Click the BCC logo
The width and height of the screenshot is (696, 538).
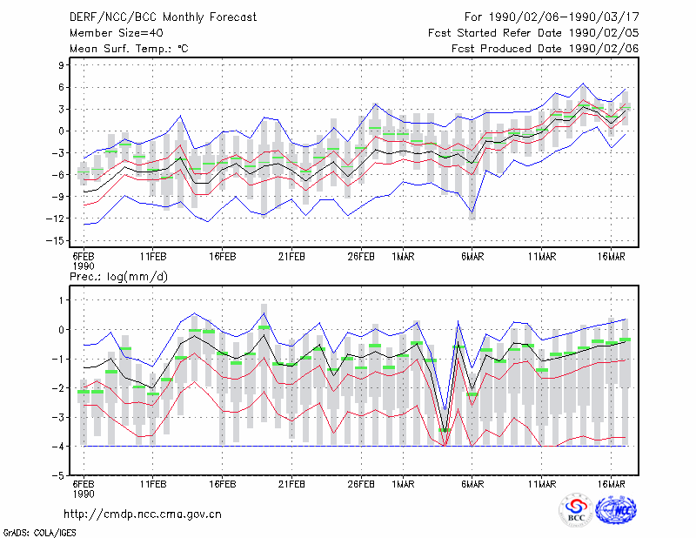[576, 510]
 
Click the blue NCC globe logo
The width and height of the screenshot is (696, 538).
[616, 510]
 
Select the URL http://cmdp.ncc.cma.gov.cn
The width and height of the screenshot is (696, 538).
[143, 514]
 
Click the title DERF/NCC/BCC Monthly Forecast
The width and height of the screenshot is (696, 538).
[163, 17]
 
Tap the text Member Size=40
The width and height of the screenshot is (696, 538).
[117, 33]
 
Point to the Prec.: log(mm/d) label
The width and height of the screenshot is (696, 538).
[118, 277]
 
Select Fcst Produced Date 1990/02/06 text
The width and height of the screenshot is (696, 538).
[545, 49]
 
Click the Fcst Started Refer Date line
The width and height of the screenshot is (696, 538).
[533, 33]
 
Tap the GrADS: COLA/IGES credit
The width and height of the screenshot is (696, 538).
[39, 532]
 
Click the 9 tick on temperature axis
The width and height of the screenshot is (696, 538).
[61, 65]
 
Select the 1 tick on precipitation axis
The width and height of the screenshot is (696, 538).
[61, 300]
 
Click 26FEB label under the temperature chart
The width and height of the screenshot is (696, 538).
[361, 257]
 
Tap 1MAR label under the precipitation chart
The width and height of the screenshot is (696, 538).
[403, 484]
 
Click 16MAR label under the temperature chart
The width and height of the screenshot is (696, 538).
[612, 257]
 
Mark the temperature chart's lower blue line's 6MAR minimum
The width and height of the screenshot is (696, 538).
[472, 212]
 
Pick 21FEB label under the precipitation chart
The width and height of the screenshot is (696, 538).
[291, 484]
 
